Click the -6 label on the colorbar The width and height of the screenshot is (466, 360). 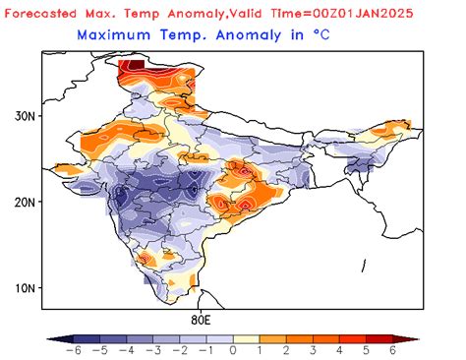pos(71,350)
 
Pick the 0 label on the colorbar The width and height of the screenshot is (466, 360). pos(233,350)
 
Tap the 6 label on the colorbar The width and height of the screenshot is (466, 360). pos(392,350)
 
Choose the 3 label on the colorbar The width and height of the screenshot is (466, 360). pos(313,350)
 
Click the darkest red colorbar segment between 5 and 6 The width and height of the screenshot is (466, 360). pos(379,336)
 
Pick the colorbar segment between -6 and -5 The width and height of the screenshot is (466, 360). pos(84,336)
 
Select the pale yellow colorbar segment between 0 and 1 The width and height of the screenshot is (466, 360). pos(246,336)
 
